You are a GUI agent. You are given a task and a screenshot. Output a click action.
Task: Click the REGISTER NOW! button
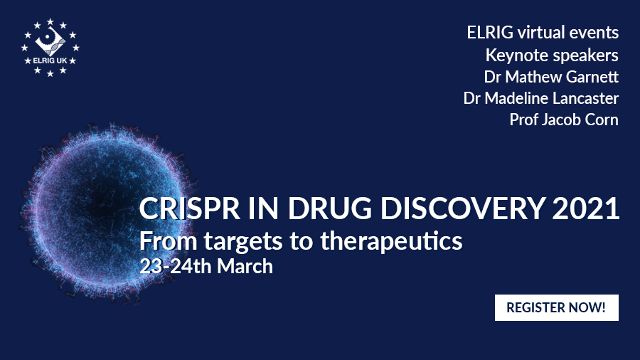pos(556,307)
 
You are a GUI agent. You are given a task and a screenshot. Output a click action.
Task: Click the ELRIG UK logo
pos(50,48)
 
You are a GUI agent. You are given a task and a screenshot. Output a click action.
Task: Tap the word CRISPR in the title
pos(189,208)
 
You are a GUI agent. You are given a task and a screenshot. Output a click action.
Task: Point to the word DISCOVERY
pos(463,208)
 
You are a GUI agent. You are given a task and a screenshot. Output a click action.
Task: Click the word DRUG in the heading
pos(330,208)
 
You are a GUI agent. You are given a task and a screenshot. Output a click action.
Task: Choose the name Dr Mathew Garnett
pos(551,77)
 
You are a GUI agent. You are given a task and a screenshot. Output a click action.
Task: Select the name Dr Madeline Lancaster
pos(541,98)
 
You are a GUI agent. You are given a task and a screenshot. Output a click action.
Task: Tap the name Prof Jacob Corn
pos(564,120)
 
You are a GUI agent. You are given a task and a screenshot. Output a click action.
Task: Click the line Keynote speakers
pos(552,55)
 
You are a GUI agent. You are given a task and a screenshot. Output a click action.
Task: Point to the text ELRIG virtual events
pos(543,32)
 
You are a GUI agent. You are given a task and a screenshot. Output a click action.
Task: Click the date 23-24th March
pos(206,266)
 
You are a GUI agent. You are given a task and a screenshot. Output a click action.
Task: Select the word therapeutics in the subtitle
pos(391,241)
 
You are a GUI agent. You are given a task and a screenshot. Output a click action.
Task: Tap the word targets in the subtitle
pos(243,242)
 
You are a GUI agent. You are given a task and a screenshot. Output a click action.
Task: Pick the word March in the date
pos(245,266)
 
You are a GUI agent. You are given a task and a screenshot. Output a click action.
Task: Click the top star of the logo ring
pos(50,21)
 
